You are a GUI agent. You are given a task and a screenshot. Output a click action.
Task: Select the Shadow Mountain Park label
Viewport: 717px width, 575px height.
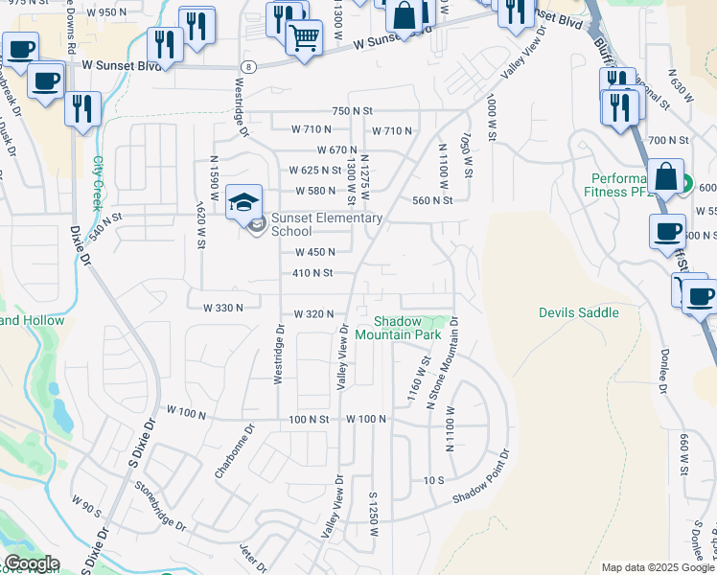pos(398,328)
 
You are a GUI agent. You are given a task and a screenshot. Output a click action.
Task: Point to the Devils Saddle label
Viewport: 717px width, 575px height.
pos(578,312)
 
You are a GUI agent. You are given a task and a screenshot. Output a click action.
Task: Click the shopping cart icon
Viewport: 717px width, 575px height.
pos(304,38)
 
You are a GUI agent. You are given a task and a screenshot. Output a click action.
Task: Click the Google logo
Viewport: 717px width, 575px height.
pos(31,563)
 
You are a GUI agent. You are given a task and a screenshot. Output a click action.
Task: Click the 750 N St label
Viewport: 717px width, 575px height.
pos(352,111)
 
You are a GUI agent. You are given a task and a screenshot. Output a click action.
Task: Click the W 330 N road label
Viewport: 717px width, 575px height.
pos(223,308)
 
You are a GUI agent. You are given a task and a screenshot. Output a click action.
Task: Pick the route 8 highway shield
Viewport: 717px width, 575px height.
pos(248,66)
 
